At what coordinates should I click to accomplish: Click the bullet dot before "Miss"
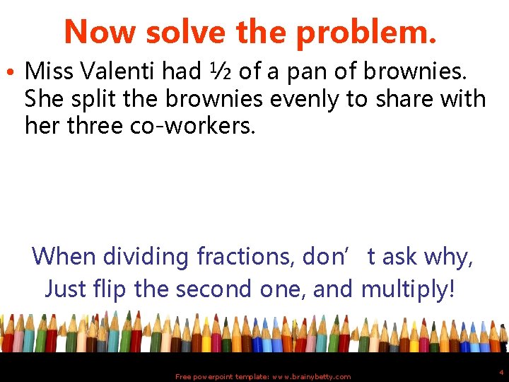[16, 71]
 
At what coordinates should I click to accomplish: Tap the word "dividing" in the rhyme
[144, 255]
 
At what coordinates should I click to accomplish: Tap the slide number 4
[501, 371]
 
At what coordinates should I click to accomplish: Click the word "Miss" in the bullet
[52, 71]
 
